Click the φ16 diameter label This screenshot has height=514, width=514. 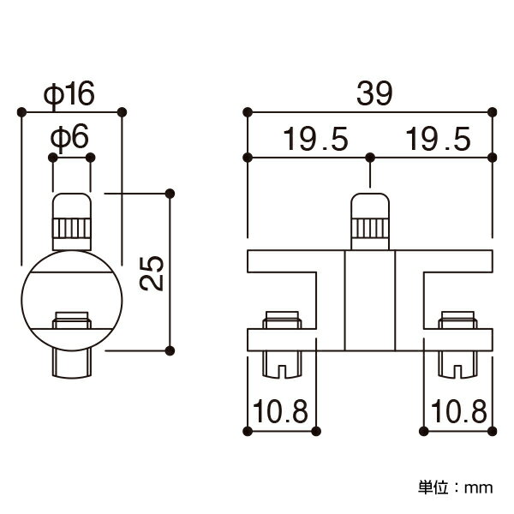[x=69, y=94]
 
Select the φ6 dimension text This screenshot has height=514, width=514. [x=69, y=137]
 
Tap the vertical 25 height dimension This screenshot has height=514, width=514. [x=152, y=273]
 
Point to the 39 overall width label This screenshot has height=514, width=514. [x=374, y=93]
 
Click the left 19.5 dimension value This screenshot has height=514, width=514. [x=315, y=139]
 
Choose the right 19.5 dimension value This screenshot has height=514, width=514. [x=438, y=139]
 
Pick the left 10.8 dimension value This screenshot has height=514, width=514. [x=281, y=411]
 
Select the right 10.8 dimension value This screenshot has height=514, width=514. [x=459, y=411]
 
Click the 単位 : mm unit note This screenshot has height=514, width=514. [x=456, y=487]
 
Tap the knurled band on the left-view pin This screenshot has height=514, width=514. [x=72, y=228]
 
